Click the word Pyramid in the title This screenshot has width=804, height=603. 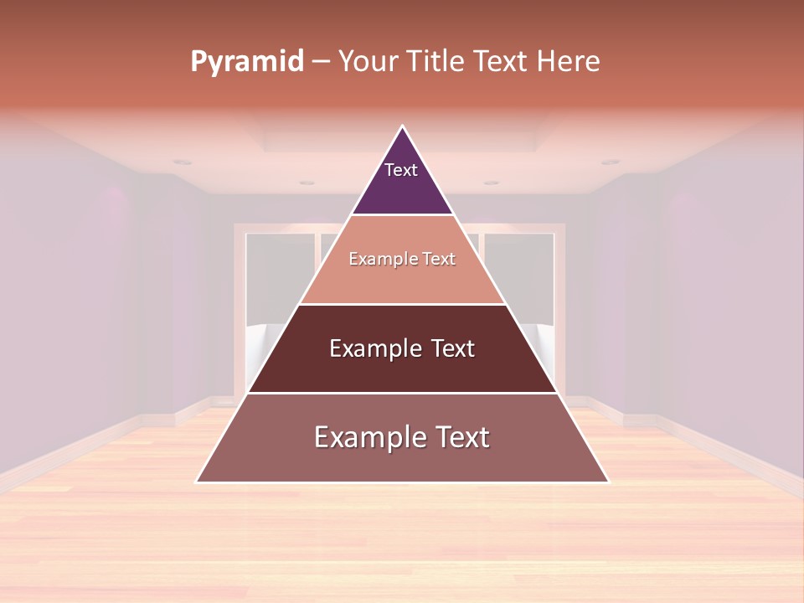(x=247, y=62)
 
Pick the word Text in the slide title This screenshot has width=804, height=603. (x=500, y=62)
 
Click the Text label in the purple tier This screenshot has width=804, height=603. (x=400, y=170)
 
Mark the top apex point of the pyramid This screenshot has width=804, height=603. (x=403, y=126)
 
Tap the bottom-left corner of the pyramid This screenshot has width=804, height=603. (x=197, y=482)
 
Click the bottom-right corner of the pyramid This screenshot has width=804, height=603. (x=608, y=482)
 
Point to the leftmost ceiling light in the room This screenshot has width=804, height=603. (x=182, y=162)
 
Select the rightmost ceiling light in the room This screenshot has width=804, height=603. (x=611, y=162)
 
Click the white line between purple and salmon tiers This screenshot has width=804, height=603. (x=402, y=215)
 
